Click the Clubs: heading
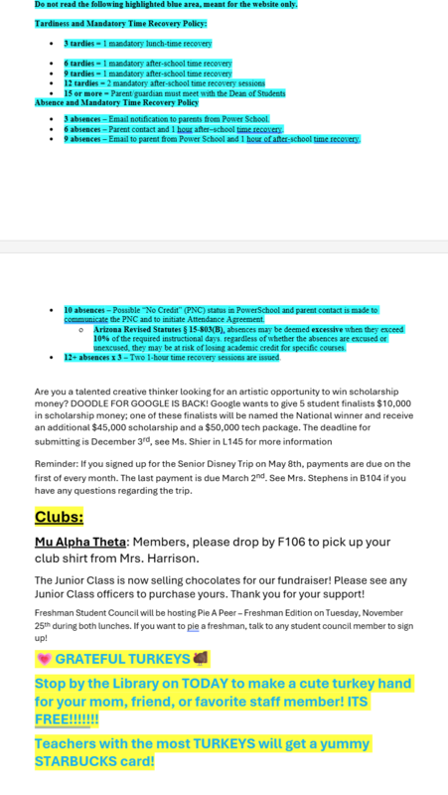[x=60, y=518]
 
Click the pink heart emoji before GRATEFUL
[x=43, y=659]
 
